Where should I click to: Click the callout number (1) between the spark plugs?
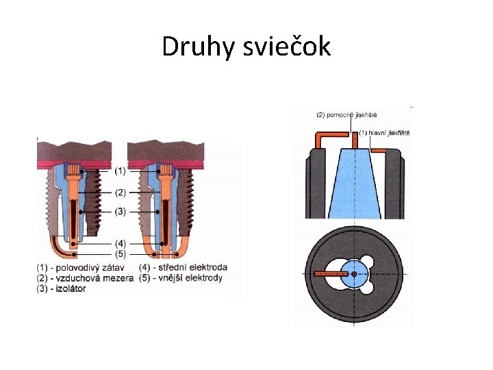121,170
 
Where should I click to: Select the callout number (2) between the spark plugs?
121,192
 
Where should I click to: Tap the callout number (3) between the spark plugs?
121,212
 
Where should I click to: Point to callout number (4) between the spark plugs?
121,242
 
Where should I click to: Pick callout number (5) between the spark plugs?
121,254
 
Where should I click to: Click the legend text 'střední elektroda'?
194,267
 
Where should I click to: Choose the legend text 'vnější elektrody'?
191,278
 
